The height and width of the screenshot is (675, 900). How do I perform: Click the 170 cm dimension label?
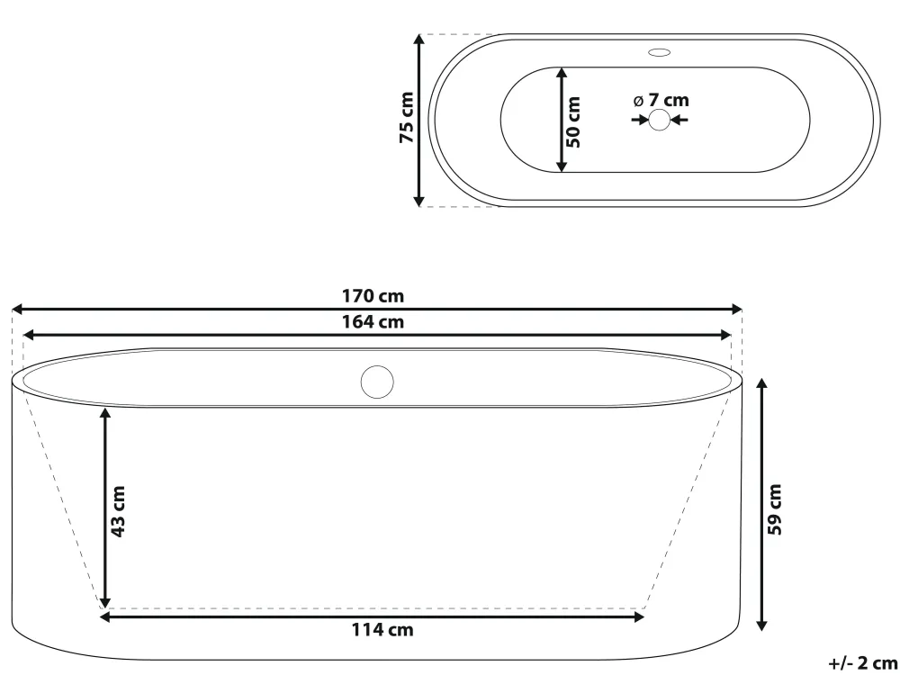point(373,295)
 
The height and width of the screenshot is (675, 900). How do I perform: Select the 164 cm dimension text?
point(373,321)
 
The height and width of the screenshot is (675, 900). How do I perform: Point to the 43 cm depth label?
point(118,511)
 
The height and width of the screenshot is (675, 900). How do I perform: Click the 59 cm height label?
point(774,509)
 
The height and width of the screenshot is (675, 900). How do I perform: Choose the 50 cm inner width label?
point(574,121)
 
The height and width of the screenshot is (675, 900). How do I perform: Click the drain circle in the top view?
point(660,120)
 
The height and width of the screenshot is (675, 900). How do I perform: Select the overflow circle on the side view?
point(377,382)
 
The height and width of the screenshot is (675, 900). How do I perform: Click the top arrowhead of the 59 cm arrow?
point(762,384)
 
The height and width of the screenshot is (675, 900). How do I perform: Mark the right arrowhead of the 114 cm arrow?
point(639,616)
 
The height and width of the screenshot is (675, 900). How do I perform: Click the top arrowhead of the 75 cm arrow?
point(419,40)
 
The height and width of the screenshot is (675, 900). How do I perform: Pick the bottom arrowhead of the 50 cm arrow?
point(561,166)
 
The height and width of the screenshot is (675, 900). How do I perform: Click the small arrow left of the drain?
point(641,120)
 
